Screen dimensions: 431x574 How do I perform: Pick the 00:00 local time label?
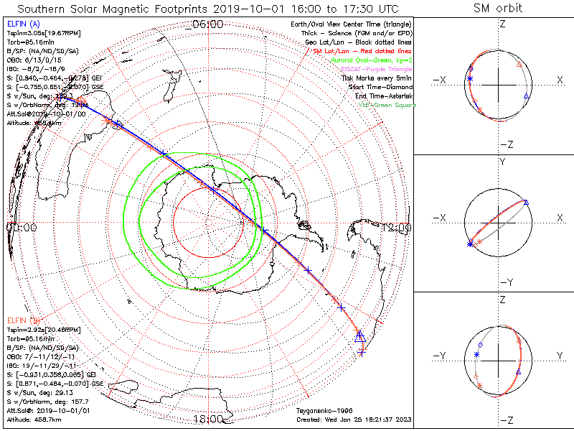(x=22, y=228)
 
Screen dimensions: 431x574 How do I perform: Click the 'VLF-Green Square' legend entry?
(x=387, y=105)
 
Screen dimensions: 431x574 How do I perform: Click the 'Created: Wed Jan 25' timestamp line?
(x=354, y=419)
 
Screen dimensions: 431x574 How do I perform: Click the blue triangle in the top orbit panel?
(x=526, y=96)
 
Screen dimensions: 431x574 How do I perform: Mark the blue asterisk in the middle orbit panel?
(x=470, y=245)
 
